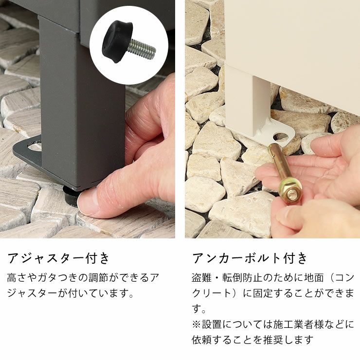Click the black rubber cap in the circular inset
pos(117,42)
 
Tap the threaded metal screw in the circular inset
pos(142,49)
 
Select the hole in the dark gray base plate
pos(35,146)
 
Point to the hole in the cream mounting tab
pos(281,137)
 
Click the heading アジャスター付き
pos(58,258)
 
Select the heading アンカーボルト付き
pos(250,258)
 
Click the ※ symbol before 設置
pos(197,325)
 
